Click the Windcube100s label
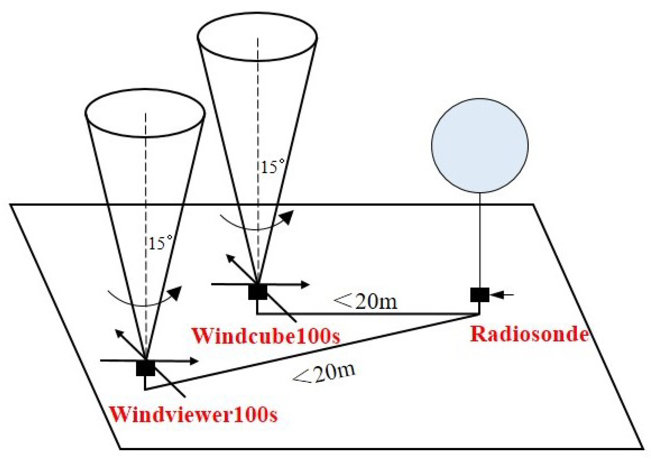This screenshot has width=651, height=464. click(266, 336)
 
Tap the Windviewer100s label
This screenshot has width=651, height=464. click(193, 415)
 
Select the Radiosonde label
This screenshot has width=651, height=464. click(529, 334)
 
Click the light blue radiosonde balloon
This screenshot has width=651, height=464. click(479, 146)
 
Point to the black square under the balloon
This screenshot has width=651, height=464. click(479, 295)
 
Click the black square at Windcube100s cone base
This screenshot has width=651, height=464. click(258, 292)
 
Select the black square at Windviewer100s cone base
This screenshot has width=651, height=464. click(145, 368)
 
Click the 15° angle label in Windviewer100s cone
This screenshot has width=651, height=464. click(160, 243)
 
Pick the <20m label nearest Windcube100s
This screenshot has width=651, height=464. click(366, 301)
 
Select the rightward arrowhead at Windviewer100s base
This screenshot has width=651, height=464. click(194, 361)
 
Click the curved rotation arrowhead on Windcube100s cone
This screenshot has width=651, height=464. click(288, 217)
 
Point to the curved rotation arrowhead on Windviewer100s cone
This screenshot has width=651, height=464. click(176, 292)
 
